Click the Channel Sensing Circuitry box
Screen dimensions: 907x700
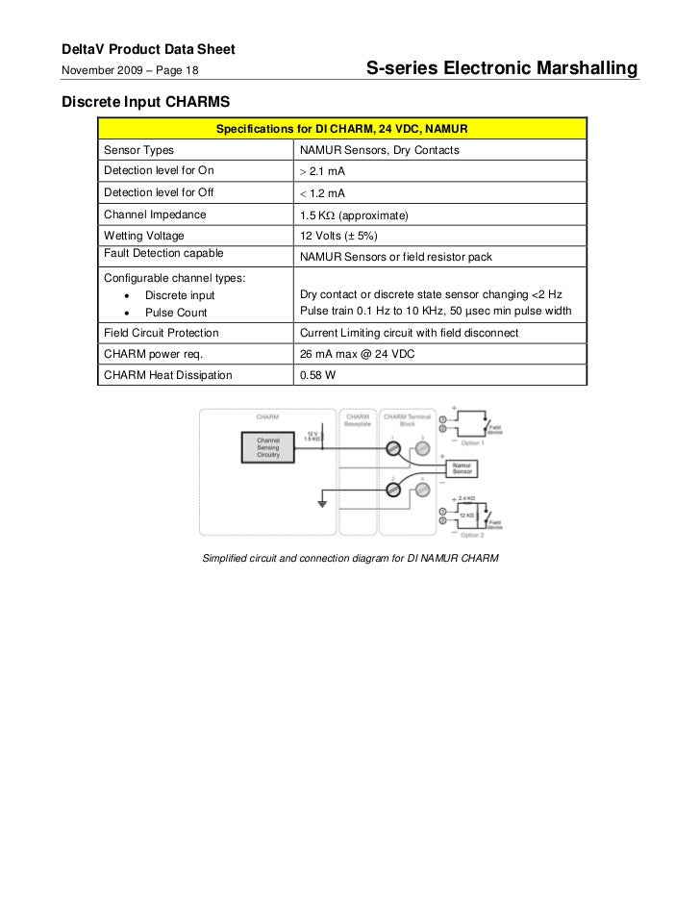(268, 447)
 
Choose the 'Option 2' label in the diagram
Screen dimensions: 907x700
(472, 535)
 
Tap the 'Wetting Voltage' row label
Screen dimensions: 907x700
(144, 236)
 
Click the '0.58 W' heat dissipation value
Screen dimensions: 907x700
(317, 375)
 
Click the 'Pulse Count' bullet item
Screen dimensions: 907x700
(176, 313)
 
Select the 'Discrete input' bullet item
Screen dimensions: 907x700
(180, 295)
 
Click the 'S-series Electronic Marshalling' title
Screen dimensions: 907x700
(502, 69)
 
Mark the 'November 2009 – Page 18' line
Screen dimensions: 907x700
(130, 70)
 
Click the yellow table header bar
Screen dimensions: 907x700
(341, 129)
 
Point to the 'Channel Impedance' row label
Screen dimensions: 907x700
(155, 214)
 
